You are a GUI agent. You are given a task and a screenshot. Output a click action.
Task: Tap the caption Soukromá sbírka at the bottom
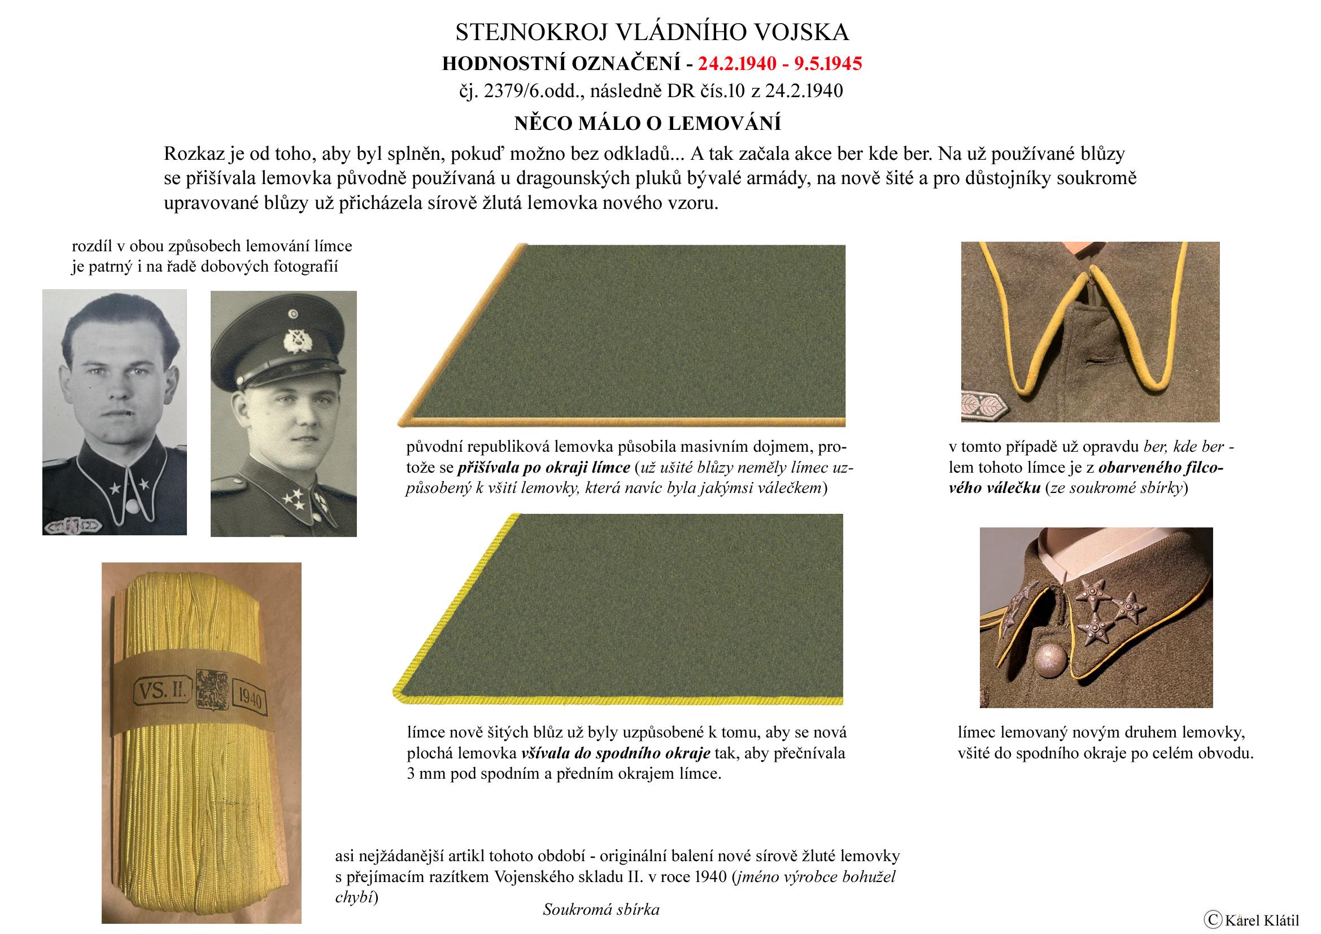click(x=601, y=909)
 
